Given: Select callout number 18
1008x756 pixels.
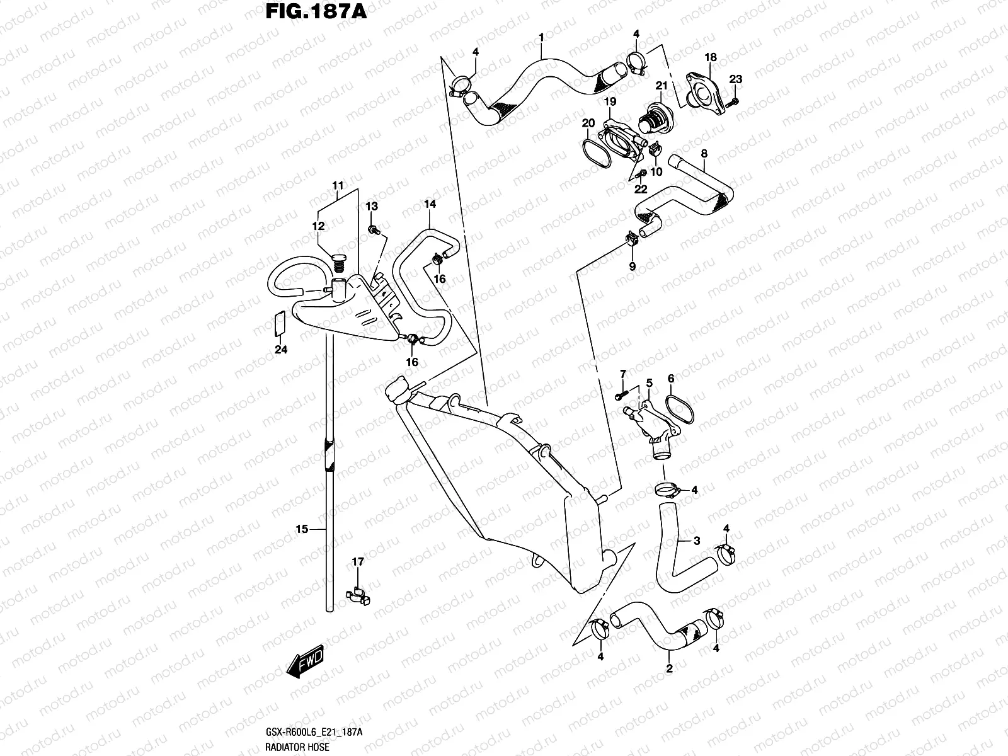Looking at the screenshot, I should pos(711,58).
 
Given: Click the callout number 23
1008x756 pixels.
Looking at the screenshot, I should pos(736,79).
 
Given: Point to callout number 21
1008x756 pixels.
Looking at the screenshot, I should pos(661,86).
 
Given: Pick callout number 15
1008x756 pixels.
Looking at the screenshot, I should pos(302,529).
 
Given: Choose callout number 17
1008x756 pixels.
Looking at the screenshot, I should pos(358,561).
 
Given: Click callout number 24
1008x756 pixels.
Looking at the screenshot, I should pos(281,350).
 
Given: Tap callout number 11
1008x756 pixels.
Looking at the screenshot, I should pos(338,186).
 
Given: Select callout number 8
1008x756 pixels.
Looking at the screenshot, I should pos(704,153).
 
